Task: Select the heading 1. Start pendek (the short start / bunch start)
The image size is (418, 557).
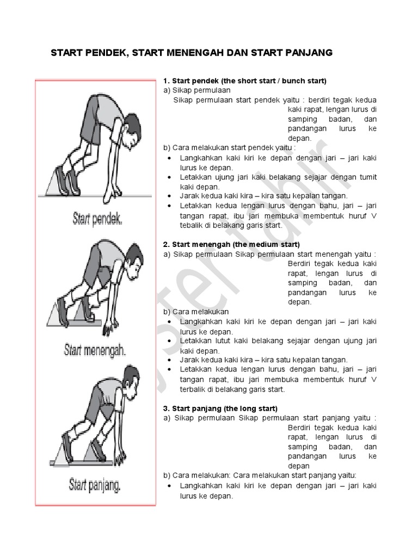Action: (x=244, y=81)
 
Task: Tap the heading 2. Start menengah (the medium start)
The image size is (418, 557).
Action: (x=231, y=244)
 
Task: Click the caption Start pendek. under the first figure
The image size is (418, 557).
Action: (x=97, y=220)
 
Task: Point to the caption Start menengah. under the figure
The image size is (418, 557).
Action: (x=95, y=349)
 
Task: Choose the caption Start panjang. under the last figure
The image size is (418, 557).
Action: (x=95, y=484)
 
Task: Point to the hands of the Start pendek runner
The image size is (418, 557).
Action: (x=115, y=192)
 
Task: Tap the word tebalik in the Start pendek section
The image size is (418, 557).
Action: (x=192, y=225)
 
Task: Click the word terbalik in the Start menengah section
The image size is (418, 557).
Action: (x=193, y=389)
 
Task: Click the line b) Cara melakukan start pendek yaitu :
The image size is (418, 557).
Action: (x=229, y=147)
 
